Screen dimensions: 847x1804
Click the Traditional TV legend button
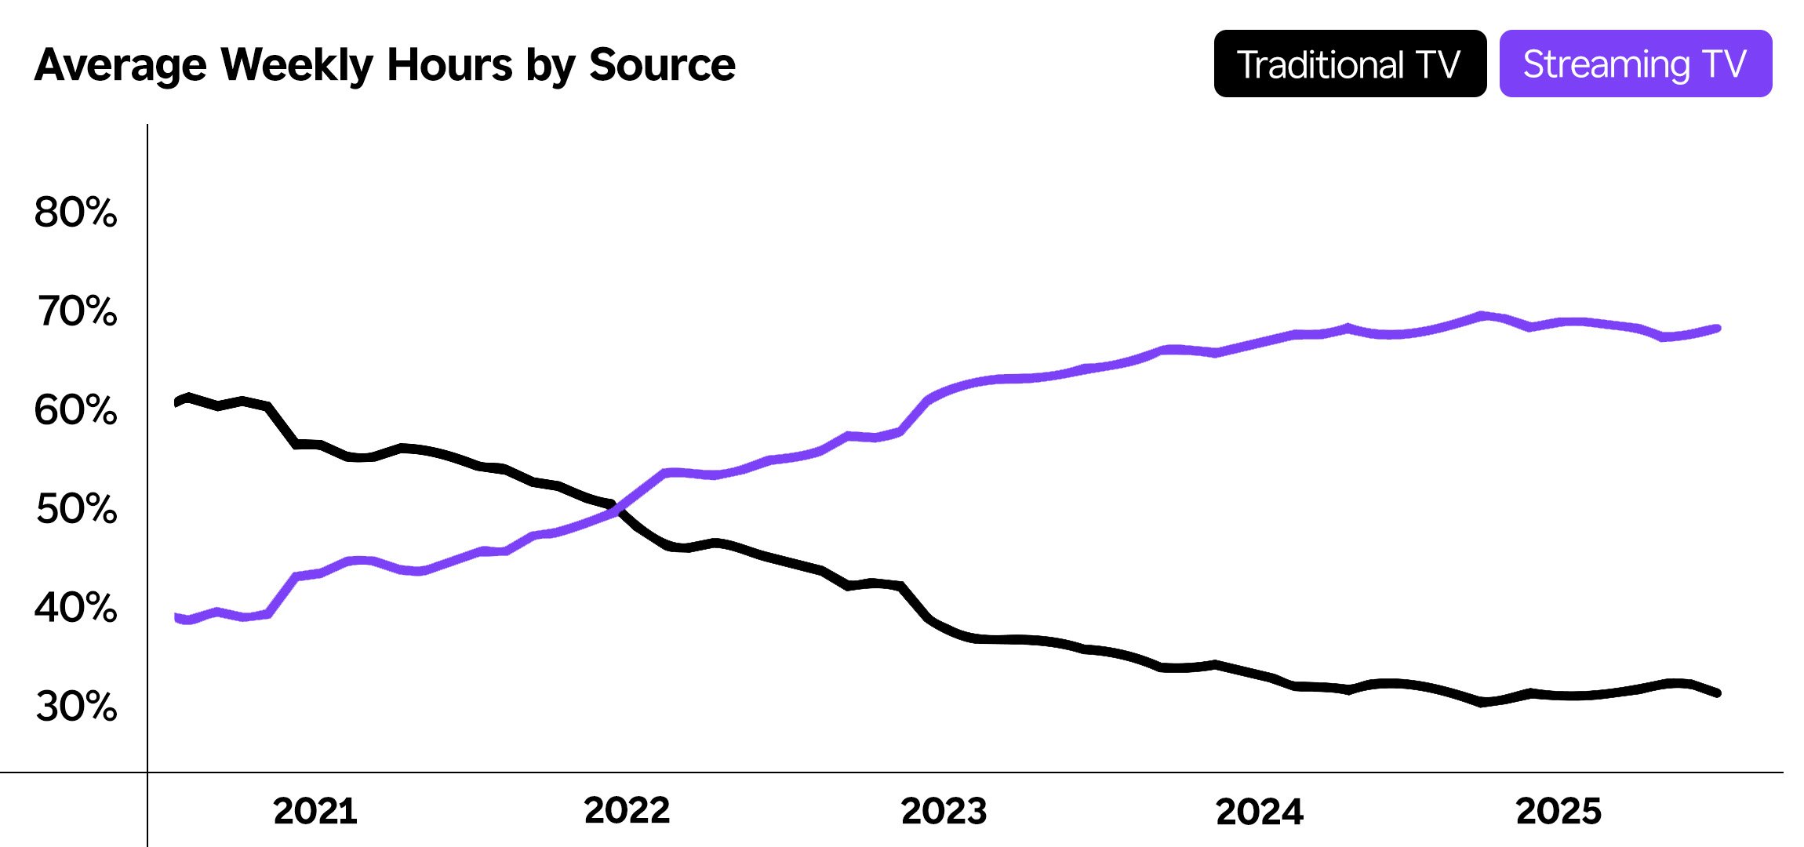coord(1349,64)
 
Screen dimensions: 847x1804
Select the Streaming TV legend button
coord(1635,64)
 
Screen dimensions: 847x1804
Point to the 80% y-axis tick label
coord(75,213)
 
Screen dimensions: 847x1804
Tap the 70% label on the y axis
coord(76,311)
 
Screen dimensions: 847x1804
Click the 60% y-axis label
coord(75,410)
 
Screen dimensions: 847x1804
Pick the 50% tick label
coord(76,509)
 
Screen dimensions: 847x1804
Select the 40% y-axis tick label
coord(75,608)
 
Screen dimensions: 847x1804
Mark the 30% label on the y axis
coord(76,707)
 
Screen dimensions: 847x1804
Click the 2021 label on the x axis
coord(315,811)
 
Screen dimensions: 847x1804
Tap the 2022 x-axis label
coord(627,811)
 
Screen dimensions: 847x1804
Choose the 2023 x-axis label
coord(944,811)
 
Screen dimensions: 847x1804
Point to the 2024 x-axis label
coord(1259,811)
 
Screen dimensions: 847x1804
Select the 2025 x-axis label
coord(1558,811)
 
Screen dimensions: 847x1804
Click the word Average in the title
coord(121,66)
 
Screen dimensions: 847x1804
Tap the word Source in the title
coord(662,64)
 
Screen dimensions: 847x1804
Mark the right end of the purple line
coord(1717,329)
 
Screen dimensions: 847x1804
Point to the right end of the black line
coord(1717,693)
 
